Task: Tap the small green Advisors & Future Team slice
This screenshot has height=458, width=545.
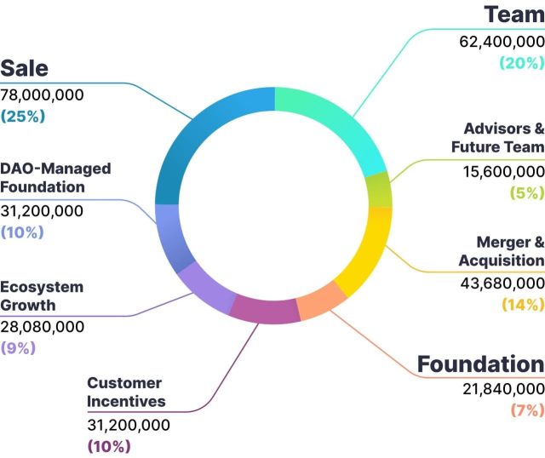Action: [379, 189]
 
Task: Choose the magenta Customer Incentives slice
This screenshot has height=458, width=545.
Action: [265, 310]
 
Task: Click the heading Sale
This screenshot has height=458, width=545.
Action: [25, 68]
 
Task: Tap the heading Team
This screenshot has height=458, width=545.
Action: [514, 14]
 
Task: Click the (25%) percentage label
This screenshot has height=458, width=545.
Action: [22, 116]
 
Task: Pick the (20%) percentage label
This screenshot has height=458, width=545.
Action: [522, 62]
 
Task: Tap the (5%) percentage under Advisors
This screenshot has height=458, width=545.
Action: [526, 192]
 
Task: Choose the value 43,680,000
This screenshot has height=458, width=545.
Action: [500, 283]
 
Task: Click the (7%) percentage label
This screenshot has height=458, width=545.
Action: [526, 410]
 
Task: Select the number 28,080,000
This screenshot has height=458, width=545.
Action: [43, 326]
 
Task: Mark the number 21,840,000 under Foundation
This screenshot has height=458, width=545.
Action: [500, 389]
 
